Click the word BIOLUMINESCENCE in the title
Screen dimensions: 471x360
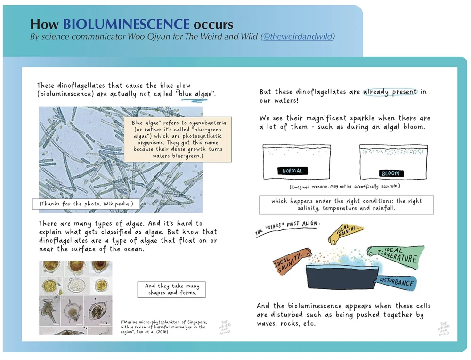tap(126, 24)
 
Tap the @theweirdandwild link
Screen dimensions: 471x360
tap(298, 36)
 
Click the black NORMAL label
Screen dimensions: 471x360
tap(292, 171)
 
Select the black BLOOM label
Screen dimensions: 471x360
tap(391, 173)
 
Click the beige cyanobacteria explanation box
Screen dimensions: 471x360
tap(178, 139)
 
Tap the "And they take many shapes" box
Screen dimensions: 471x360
tap(171, 289)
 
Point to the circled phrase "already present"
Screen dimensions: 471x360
tap(390, 92)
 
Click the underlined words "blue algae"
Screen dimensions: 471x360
tap(195, 94)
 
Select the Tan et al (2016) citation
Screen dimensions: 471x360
tap(164, 327)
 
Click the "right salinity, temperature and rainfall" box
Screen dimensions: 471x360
tap(346, 205)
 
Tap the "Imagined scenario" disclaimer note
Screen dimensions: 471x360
tap(345, 187)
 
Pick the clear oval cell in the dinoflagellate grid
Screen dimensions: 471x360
tap(75, 285)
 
